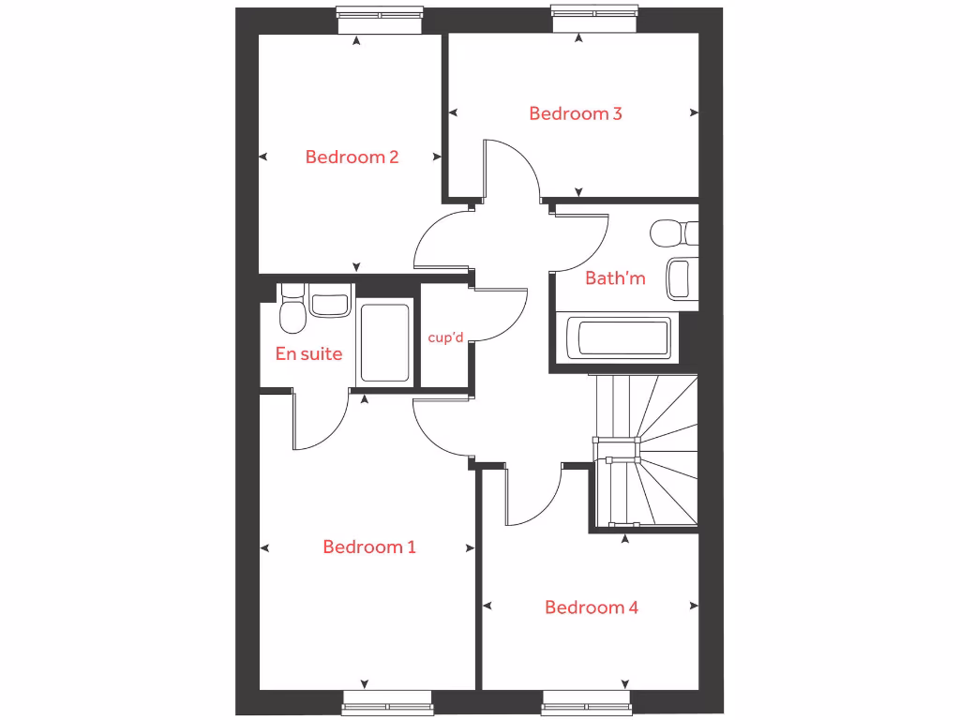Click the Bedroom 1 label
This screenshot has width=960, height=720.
point(368,547)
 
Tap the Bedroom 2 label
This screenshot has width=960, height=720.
point(352,157)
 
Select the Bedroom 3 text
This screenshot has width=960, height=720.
point(576,113)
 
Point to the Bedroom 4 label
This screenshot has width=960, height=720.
point(592,607)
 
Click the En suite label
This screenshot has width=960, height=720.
point(308,354)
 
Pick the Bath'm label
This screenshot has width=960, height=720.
point(615,277)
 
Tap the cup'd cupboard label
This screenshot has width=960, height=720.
point(445,337)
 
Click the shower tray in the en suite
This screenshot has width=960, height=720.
point(384,342)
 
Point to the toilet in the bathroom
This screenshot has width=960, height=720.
point(674,232)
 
